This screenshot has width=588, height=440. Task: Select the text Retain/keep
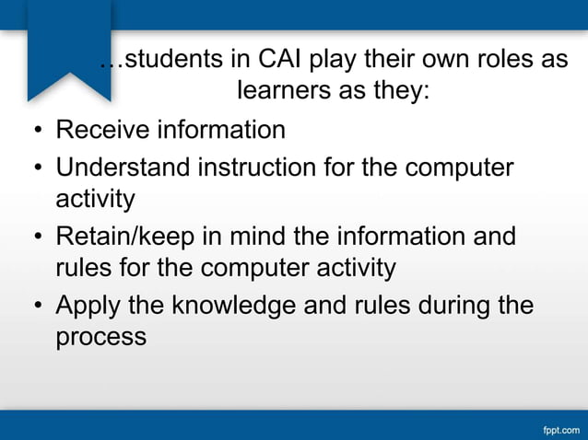tap(126, 237)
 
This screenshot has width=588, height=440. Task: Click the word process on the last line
tap(100, 337)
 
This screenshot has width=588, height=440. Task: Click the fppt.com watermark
tap(559, 428)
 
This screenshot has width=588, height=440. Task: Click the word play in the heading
tap(340, 61)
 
